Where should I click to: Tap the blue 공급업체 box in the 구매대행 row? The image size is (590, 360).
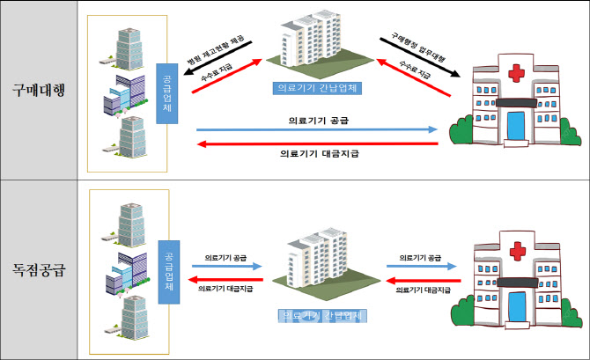point(167,92)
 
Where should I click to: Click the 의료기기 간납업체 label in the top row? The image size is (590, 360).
point(320,88)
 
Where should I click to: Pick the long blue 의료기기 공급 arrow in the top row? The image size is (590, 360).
point(317,129)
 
